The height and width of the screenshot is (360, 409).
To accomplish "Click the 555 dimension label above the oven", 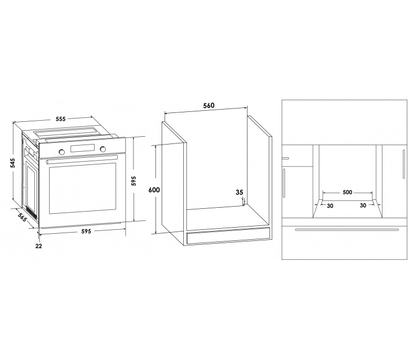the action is (60, 119).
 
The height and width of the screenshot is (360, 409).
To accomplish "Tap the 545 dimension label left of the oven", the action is (13, 163).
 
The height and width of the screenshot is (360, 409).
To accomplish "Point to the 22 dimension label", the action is (39, 246).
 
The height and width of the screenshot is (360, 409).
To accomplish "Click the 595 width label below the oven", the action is (86, 231).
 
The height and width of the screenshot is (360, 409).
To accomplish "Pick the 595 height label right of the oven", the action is (133, 181).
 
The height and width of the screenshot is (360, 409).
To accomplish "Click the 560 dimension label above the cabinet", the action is (209, 105).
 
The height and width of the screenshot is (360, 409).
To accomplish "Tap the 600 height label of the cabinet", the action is (154, 190).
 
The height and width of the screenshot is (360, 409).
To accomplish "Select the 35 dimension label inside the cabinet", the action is (240, 192).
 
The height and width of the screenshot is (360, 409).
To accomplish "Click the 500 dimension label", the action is (347, 192).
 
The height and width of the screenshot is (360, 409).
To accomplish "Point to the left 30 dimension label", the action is (330, 206).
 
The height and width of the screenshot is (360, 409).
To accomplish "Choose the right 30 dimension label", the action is (363, 205).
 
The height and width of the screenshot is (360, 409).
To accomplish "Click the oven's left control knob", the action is (62, 152).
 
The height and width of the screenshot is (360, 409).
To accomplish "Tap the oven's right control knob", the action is (103, 149).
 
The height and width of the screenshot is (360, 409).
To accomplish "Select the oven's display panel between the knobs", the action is (82, 148).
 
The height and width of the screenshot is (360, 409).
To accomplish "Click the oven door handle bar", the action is (82, 159).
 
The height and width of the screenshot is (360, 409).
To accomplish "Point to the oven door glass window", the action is (82, 188).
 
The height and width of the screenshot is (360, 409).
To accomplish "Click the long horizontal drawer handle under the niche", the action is (347, 230).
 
